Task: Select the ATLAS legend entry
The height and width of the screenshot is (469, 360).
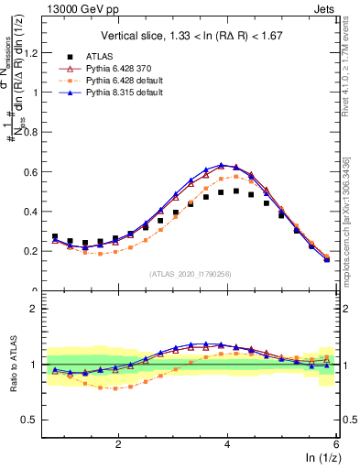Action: [101, 56]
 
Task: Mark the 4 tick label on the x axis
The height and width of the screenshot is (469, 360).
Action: [227, 443]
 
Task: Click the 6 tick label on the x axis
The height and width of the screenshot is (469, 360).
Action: [336, 443]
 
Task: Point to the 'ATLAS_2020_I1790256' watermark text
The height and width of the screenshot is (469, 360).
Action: [191, 274]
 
